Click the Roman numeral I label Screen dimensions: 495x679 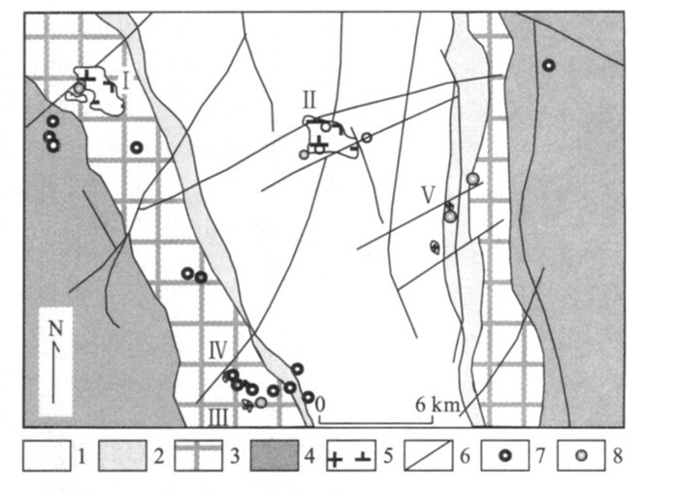[x=126, y=79]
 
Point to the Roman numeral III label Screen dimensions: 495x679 [x=220, y=415]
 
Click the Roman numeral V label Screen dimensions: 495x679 [x=428, y=193]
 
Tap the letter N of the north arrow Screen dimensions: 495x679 [x=54, y=329]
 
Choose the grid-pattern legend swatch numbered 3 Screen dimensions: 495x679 [x=201, y=455]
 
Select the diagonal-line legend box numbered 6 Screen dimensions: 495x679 [x=431, y=455]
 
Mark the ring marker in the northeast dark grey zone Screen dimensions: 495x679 [x=548, y=65]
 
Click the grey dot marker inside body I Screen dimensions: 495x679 [x=79, y=88]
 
